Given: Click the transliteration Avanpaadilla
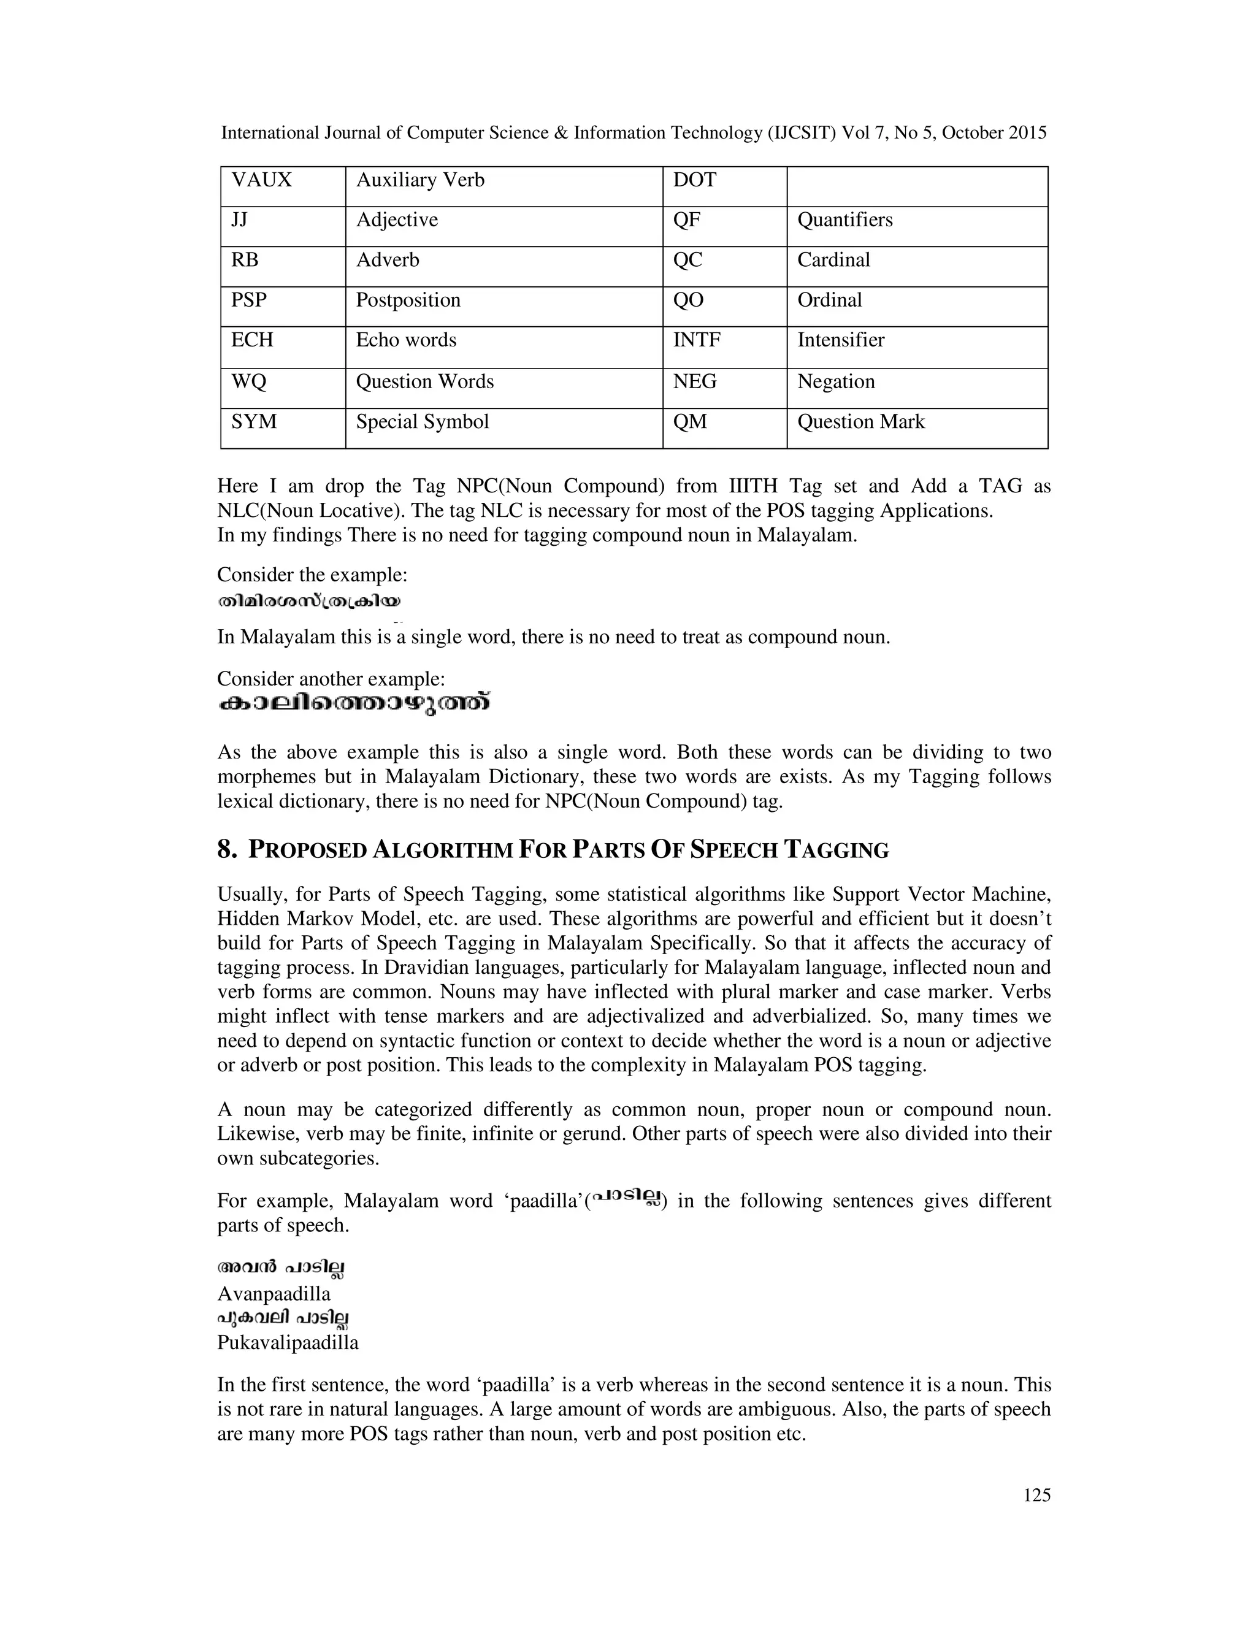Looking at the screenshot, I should point(273,1294).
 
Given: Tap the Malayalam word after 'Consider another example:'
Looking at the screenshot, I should point(354,704).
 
